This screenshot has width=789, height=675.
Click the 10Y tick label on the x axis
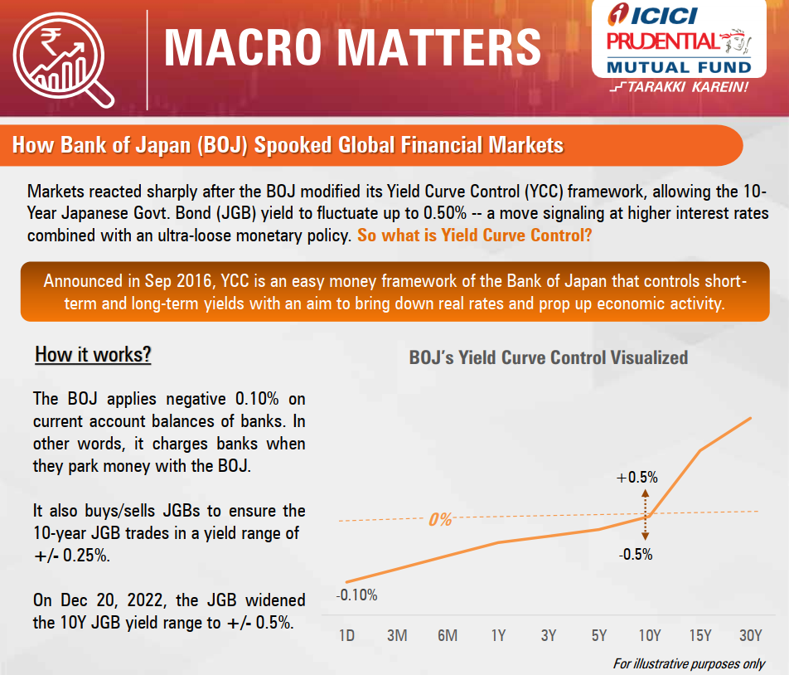tap(649, 636)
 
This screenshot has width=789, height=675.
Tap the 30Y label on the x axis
tap(750, 636)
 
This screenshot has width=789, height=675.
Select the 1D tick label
tap(346, 636)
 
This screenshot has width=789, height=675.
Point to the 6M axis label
tap(448, 636)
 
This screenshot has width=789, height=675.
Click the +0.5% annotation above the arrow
tap(637, 478)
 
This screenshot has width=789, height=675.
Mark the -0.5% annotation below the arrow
tap(636, 555)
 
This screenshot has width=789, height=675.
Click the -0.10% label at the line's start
tap(356, 595)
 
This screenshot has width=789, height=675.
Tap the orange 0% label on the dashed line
tap(440, 520)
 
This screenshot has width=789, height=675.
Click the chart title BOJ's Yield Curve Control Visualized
tap(549, 358)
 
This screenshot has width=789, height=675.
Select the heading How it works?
tap(93, 355)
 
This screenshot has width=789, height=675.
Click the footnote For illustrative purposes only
tap(689, 664)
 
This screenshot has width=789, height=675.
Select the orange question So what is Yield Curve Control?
tap(474, 235)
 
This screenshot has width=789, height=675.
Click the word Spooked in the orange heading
tap(293, 146)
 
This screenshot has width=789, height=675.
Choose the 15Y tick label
tap(700, 636)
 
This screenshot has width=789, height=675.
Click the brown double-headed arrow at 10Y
tap(646, 516)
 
